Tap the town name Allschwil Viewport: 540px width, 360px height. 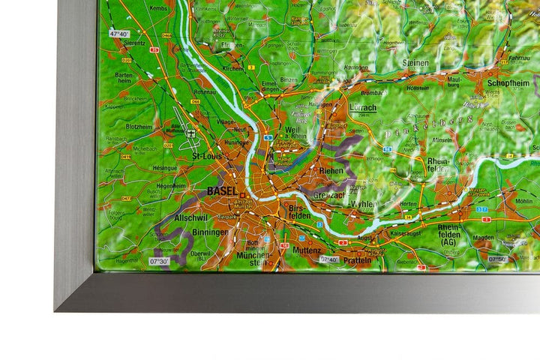click(190, 217)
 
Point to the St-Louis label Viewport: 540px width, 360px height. click(207, 156)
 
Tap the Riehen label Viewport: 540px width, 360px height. click(331, 171)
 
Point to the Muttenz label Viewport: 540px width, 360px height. click(307, 250)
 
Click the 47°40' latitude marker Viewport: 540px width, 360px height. click(119, 34)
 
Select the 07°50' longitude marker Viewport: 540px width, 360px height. click(499, 259)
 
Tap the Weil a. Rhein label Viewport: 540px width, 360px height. click(296, 132)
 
